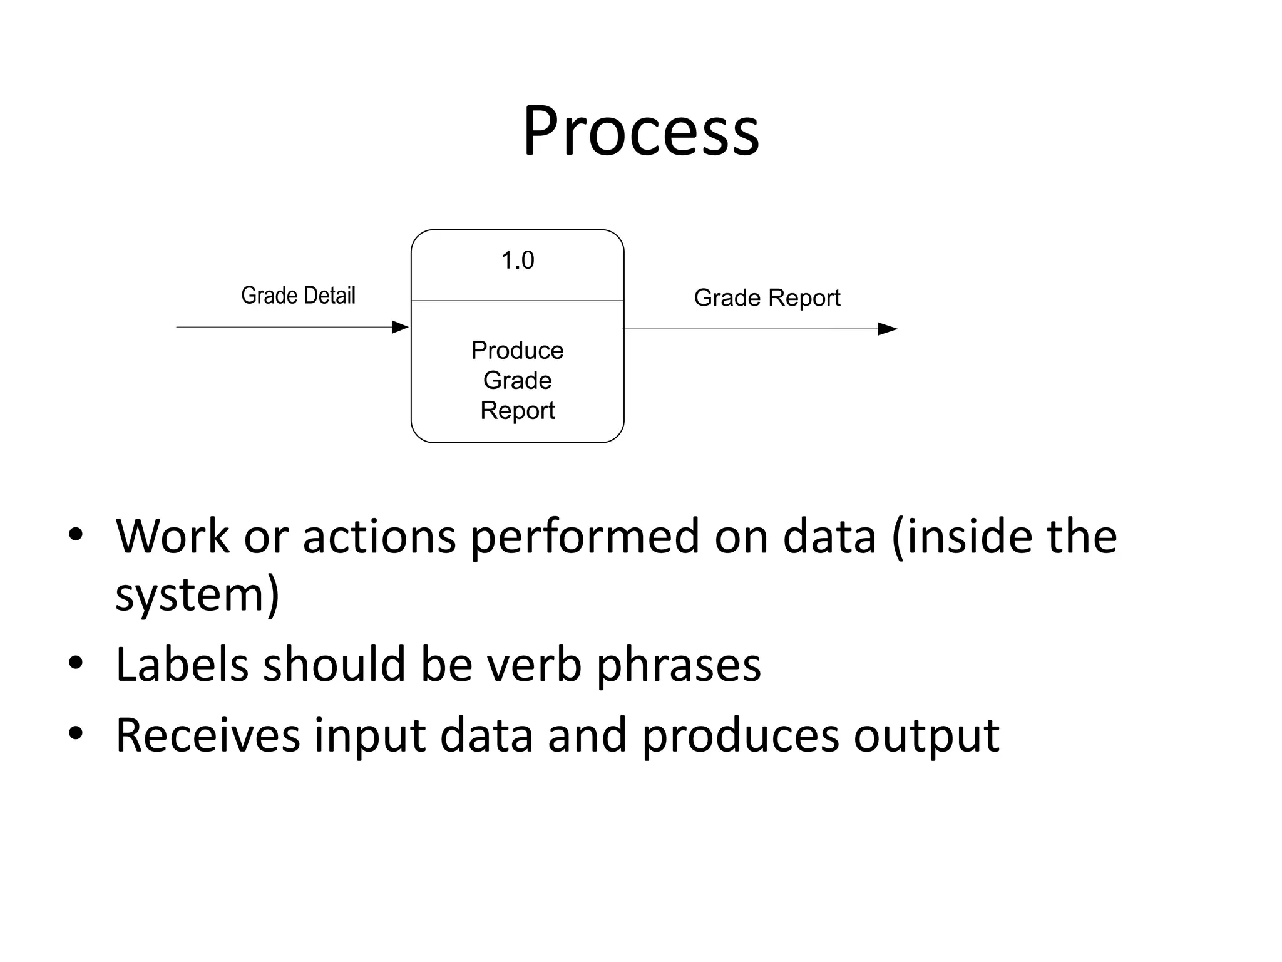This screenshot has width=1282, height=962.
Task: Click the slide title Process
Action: coord(641,132)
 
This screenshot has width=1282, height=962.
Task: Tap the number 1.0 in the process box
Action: coord(518,261)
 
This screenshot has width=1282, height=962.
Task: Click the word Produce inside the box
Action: coord(517,351)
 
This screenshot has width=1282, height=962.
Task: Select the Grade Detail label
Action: coord(298,296)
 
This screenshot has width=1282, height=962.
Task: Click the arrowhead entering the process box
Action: coord(399,327)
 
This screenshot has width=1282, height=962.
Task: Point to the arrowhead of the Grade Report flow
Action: coord(887,329)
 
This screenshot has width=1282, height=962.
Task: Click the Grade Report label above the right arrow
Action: coord(767,298)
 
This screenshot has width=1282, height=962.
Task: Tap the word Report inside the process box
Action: coord(517,411)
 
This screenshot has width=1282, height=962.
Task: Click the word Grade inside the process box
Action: coord(517,381)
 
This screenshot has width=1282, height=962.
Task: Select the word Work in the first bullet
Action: coord(172,537)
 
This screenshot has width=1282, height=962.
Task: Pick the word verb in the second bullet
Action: coord(534,665)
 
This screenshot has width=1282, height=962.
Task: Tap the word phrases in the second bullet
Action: coord(678,666)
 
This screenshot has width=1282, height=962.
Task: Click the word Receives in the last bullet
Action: coord(208,735)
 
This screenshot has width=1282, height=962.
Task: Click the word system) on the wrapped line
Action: coord(197,595)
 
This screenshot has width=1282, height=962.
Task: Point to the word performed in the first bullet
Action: coord(584,537)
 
